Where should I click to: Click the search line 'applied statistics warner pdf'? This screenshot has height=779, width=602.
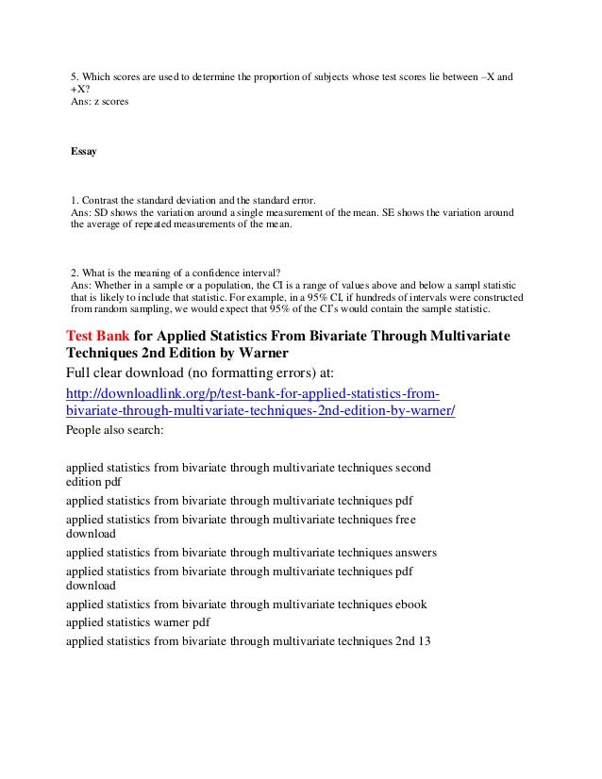click(138, 622)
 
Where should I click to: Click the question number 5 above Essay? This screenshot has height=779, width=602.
click(75, 76)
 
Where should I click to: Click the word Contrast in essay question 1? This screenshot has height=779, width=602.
click(102, 201)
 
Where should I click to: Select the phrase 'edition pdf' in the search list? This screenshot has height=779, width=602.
click(94, 480)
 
